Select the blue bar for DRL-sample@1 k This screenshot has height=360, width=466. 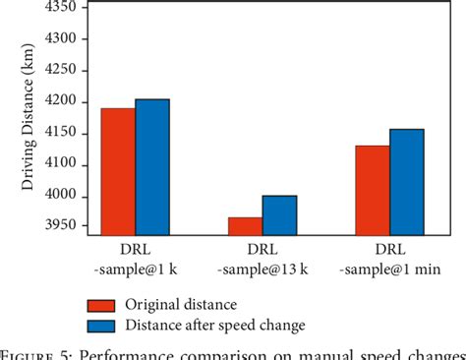pos(152,167)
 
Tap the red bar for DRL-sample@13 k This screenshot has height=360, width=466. pos(245,226)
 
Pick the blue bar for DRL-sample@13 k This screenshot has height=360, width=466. pos(279,215)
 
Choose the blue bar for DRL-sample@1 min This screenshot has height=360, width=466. pos(406,182)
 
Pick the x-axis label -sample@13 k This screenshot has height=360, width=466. pos(262,270)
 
